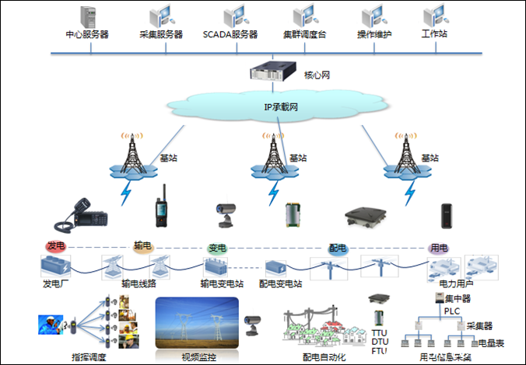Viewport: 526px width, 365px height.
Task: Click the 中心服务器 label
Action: click(x=87, y=35)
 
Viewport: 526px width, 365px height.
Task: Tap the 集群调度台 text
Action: click(x=304, y=35)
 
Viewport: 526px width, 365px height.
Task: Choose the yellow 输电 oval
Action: click(x=143, y=246)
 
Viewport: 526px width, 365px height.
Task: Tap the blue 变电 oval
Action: click(x=217, y=249)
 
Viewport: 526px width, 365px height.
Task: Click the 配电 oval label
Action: click(x=338, y=248)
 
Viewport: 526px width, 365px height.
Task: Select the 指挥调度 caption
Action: click(x=89, y=357)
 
